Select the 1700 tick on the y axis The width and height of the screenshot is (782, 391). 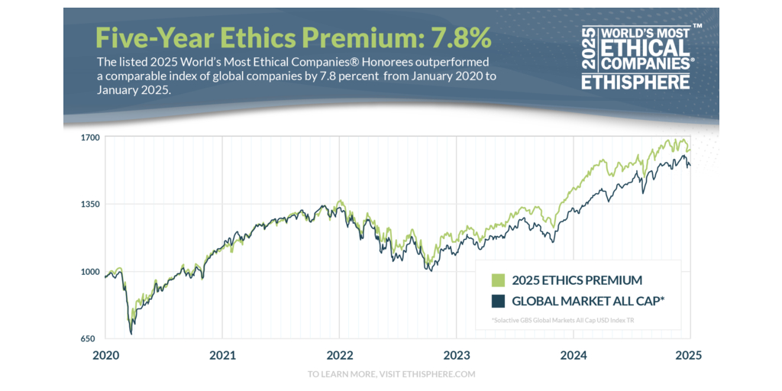click(91, 137)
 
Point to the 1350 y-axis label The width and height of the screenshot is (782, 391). click(91, 205)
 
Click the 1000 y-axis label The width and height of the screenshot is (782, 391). click(91, 272)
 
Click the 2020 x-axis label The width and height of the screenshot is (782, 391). click(105, 355)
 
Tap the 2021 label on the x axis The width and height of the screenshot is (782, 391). click(222, 355)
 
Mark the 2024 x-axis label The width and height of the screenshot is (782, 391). click(573, 355)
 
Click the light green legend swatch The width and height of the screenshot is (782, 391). click(499, 280)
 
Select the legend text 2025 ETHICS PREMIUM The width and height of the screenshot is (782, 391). click(577, 280)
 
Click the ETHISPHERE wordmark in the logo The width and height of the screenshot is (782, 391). click(636, 82)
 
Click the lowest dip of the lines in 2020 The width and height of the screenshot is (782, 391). click(131, 333)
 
